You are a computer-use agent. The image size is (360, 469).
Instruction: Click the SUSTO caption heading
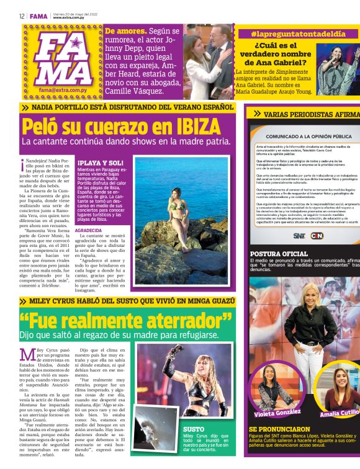194,428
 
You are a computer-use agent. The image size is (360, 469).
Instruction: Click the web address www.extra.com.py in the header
68,18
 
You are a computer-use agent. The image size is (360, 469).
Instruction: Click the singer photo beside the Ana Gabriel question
340,69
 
